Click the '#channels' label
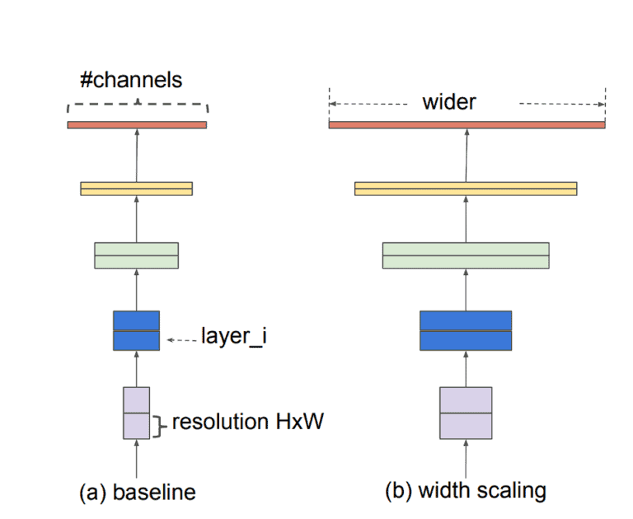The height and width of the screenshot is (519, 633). coord(130,81)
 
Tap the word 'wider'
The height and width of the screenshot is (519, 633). coord(449,102)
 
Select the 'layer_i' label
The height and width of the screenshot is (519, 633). coord(233,336)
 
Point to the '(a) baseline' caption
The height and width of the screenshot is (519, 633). coord(138,493)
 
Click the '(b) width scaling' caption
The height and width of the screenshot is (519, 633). coord(466,491)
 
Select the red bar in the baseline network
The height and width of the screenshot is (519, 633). coord(137,124)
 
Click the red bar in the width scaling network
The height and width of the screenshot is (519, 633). coord(467,124)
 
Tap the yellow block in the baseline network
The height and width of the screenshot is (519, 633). coord(137,189)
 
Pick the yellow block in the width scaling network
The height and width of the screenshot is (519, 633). coord(466,189)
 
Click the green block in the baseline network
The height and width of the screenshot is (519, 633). coord(137,255)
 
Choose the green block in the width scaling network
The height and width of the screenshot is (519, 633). coord(466,255)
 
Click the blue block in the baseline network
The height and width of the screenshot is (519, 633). coord(137,330)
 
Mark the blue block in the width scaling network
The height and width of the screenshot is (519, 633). coord(466,330)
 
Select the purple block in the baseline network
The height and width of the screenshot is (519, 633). coord(137,413)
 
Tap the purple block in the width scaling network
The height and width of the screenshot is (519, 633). coord(466,413)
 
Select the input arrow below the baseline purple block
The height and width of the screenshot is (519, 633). coord(137,457)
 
